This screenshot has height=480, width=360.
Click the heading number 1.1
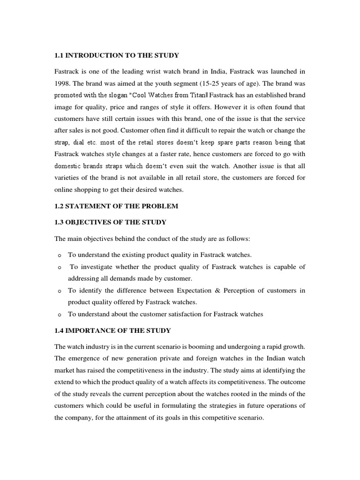point(59,55)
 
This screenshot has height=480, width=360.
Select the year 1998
point(64,83)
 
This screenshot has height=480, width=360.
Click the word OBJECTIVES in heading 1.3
point(90,222)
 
